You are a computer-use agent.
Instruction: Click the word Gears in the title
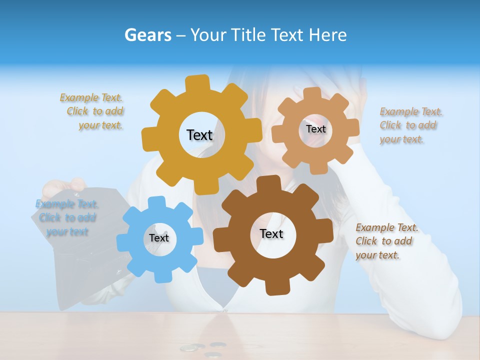tap(147, 35)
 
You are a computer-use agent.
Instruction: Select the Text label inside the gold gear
tap(199, 135)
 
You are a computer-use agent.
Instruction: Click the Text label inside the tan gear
tap(315, 129)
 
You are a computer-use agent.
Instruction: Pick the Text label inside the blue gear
tap(159, 238)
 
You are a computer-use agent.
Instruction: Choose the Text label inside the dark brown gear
tap(271, 233)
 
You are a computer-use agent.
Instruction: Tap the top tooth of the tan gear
tap(312, 94)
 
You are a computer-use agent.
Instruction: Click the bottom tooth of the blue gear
tap(160, 275)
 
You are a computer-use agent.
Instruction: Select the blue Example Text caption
tap(66, 217)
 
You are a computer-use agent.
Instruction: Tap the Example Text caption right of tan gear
tap(410, 125)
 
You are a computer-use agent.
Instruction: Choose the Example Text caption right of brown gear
tap(386, 241)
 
